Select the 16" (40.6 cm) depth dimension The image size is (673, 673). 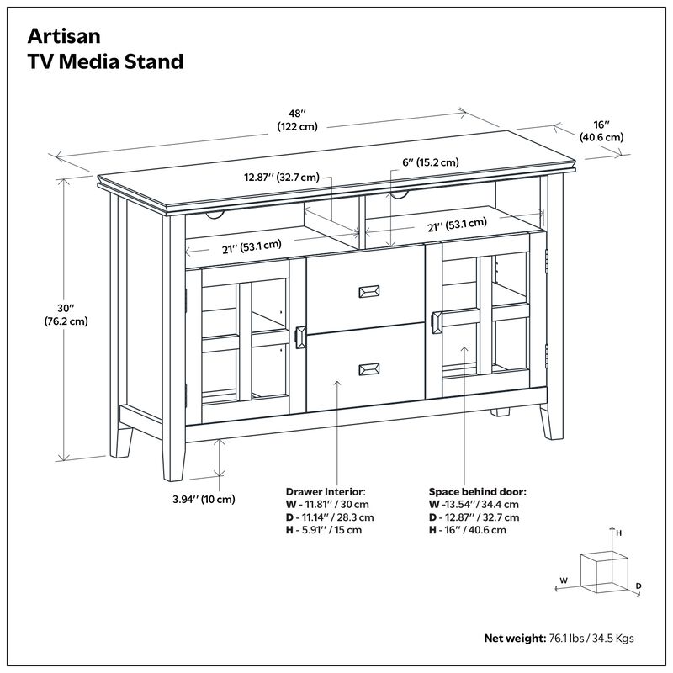pos(601,130)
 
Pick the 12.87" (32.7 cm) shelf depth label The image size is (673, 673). pos(282,178)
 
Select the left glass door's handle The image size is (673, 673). pos(301,336)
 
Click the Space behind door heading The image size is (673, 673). pos(478,490)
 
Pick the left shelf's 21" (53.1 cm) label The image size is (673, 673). pos(244,247)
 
